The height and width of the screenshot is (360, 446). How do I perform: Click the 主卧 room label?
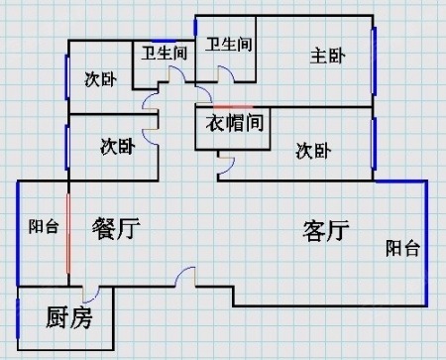point(328,56)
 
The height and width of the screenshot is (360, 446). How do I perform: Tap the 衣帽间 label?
point(235,123)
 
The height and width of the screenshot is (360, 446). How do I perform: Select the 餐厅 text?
point(116,228)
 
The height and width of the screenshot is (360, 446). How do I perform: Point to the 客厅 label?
point(326,230)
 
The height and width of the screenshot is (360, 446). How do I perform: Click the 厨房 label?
point(68,317)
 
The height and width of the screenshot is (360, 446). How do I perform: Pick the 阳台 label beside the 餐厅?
point(44,227)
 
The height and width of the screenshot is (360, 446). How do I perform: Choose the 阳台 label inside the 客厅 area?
point(402,248)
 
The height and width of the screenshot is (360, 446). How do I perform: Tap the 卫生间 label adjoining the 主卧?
point(229,45)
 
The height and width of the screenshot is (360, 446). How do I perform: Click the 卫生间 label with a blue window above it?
point(165,54)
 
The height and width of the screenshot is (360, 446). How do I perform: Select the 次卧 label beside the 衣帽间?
point(313,151)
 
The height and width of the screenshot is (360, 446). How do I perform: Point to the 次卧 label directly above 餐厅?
point(118,147)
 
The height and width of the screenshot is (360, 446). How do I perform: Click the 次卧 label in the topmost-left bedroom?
point(100,79)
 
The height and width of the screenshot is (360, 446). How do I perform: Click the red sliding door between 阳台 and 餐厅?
point(68,233)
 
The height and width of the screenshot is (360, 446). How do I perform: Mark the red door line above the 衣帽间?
point(233,107)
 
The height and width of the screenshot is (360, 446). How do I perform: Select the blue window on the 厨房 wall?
point(18,318)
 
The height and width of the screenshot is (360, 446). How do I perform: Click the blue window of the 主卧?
point(374,61)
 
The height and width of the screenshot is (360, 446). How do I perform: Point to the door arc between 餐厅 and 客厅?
point(185,276)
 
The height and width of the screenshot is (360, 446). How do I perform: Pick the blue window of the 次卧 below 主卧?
point(374,144)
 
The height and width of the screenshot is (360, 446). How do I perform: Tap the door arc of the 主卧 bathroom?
point(226,73)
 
